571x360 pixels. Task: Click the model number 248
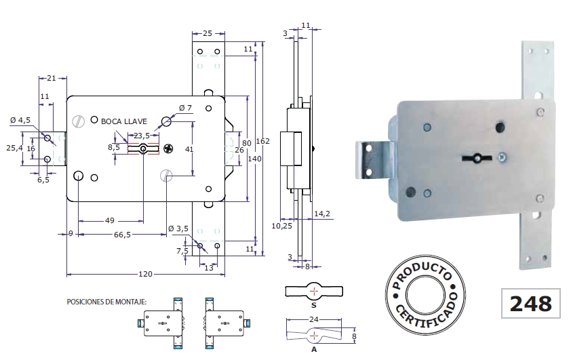(x=529, y=303)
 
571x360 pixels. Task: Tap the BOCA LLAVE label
(x=124, y=121)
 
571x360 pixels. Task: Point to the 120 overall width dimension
(x=146, y=275)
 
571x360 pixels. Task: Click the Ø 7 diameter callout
(x=185, y=108)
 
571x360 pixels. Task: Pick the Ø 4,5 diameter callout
(x=21, y=121)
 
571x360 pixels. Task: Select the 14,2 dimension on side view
(x=323, y=214)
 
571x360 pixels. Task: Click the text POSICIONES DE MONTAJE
(x=106, y=301)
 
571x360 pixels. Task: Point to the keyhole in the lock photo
(x=477, y=159)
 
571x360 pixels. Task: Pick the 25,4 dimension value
(x=14, y=147)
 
